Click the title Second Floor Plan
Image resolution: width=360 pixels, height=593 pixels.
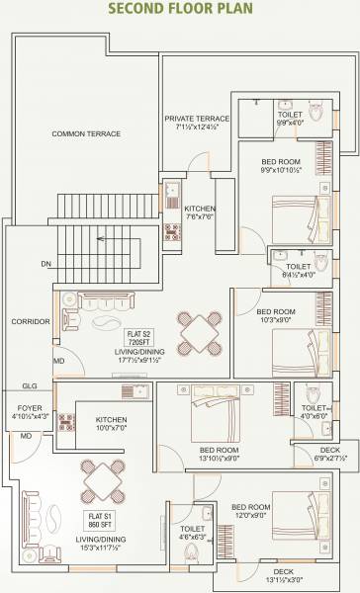pos(179,10)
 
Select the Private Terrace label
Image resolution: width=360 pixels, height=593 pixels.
pos(198,123)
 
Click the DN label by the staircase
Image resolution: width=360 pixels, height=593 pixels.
pos(45,265)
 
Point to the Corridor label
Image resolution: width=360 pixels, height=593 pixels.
pos(31,322)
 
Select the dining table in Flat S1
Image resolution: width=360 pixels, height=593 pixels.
pos(103,481)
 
